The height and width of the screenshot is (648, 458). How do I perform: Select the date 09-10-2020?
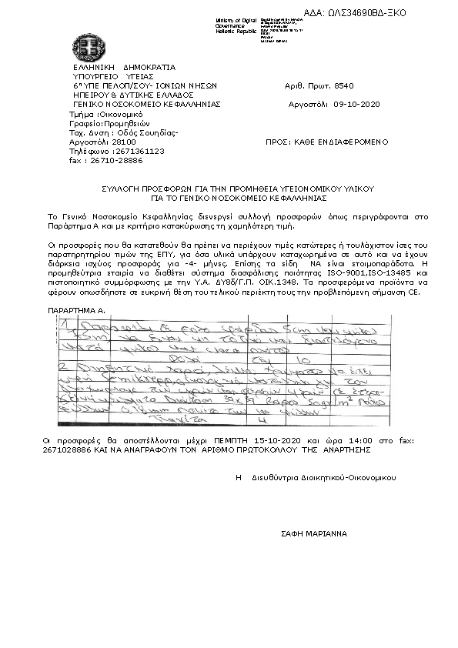357,102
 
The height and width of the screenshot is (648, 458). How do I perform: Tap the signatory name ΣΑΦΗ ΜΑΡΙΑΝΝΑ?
313,533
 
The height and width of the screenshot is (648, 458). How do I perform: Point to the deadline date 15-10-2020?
271,440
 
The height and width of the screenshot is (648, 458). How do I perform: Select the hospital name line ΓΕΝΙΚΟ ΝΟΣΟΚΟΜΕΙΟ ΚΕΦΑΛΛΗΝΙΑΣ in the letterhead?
146,102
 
